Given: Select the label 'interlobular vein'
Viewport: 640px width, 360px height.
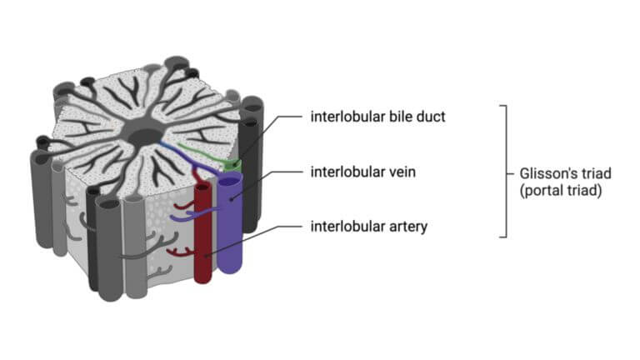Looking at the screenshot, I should coord(363,172).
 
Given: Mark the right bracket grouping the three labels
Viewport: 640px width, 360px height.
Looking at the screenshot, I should coord(503,172).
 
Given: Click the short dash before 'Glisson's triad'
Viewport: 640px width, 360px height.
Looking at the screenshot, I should coord(513,173).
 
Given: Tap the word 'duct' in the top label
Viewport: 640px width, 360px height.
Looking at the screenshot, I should coord(430,117).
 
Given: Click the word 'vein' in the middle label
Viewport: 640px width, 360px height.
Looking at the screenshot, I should coord(401,172).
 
